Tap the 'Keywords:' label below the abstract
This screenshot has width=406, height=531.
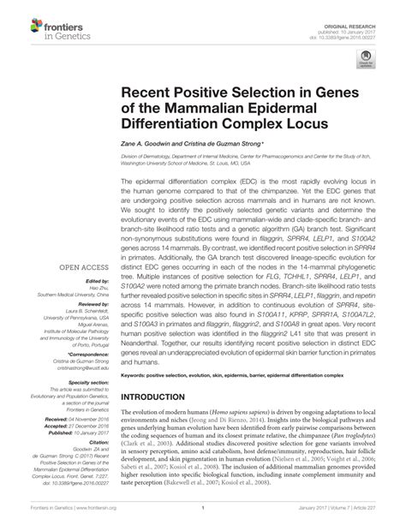pyautogui.click(x=137, y=375)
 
